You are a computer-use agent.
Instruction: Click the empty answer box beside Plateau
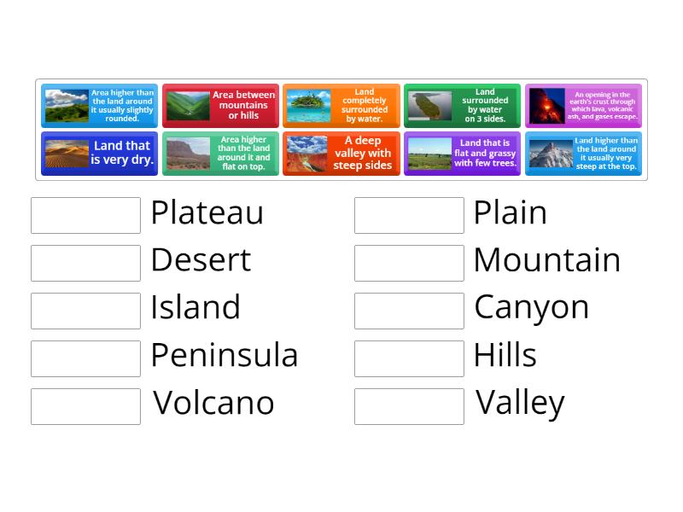[85, 215]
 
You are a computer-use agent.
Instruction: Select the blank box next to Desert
[85, 263]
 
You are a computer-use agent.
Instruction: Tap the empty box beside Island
[85, 311]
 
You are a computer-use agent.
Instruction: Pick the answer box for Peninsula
[85, 358]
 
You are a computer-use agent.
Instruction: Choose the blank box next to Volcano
[85, 406]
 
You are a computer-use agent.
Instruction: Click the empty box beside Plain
[409, 215]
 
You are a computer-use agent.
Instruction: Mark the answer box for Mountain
[409, 263]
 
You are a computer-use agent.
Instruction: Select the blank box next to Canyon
[409, 311]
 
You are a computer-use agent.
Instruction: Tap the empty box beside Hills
[409, 358]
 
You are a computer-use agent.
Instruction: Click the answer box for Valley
[409, 406]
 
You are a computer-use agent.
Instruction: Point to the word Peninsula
[224, 355]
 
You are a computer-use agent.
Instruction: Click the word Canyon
[531, 307]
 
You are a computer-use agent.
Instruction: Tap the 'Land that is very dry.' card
[99, 154]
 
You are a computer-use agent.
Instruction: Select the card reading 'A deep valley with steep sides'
[341, 154]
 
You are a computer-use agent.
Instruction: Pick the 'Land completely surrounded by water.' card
[341, 106]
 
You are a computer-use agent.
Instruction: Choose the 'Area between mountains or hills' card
[220, 106]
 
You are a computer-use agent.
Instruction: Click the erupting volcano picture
[546, 107]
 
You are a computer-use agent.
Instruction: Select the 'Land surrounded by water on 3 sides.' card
[462, 106]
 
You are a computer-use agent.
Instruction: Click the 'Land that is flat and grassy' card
[462, 154]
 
